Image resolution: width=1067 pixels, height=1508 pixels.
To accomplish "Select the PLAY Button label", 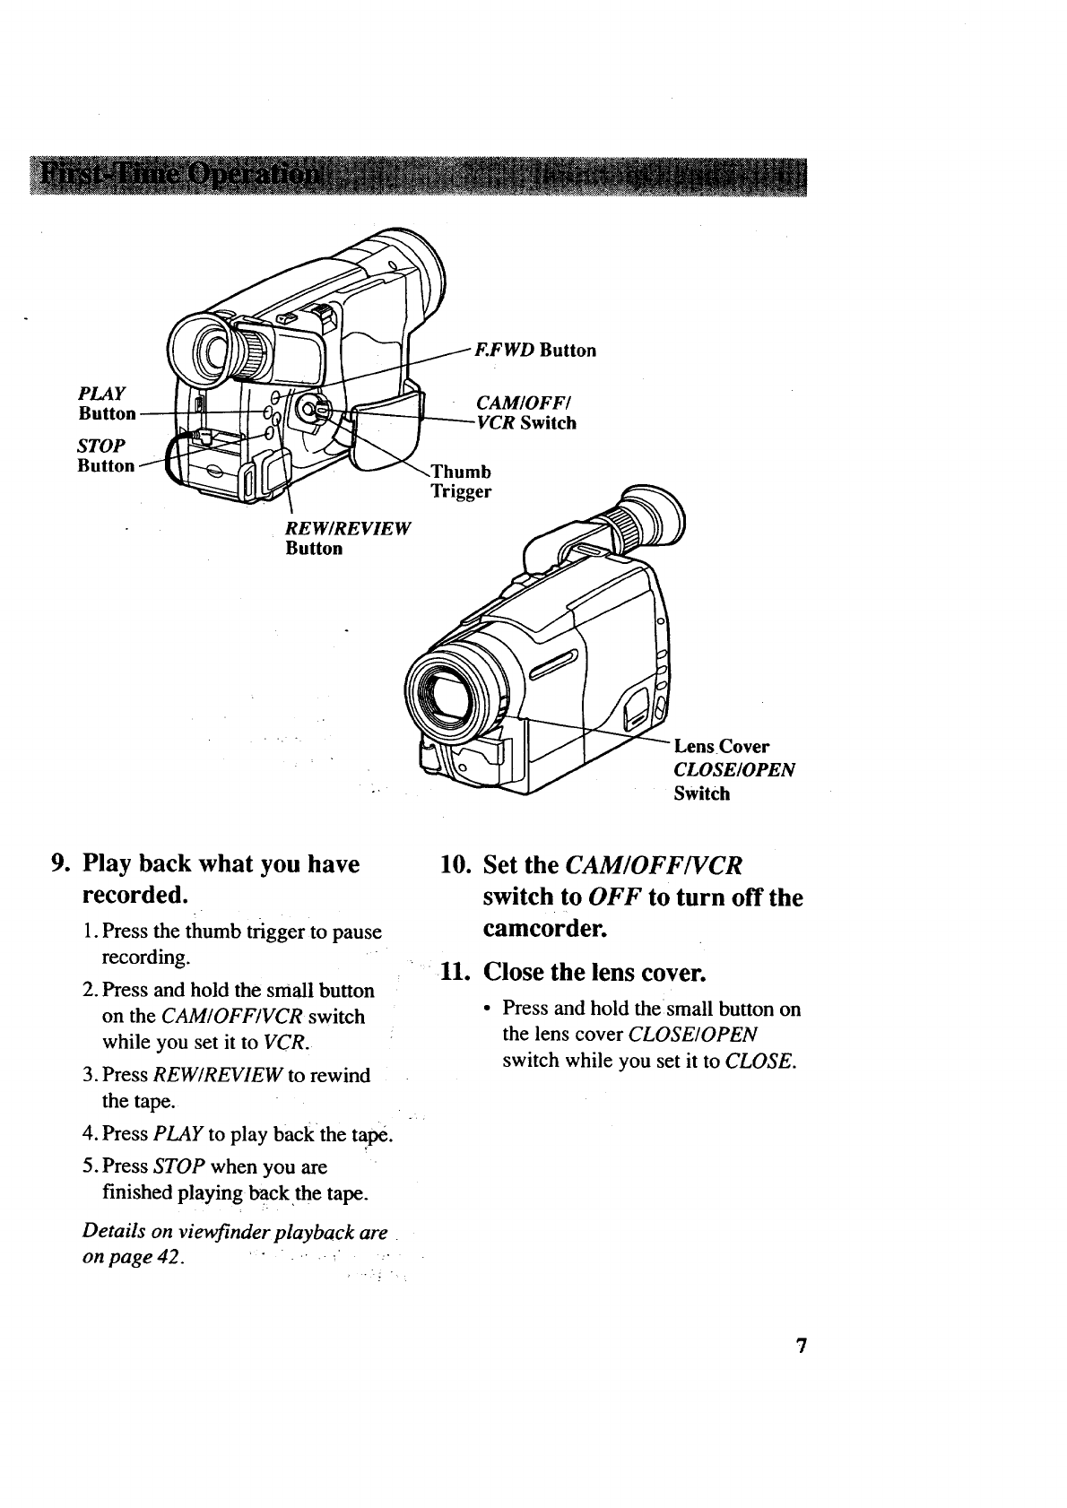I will (106, 403).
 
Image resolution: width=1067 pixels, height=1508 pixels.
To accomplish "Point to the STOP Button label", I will (106, 455).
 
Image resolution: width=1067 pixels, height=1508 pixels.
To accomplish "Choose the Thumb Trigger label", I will (461, 481).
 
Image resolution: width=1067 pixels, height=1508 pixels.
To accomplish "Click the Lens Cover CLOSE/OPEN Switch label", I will (733, 769).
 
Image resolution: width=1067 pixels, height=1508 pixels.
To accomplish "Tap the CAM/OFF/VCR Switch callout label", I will (525, 412).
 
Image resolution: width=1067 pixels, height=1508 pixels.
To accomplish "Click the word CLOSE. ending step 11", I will (760, 1061).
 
